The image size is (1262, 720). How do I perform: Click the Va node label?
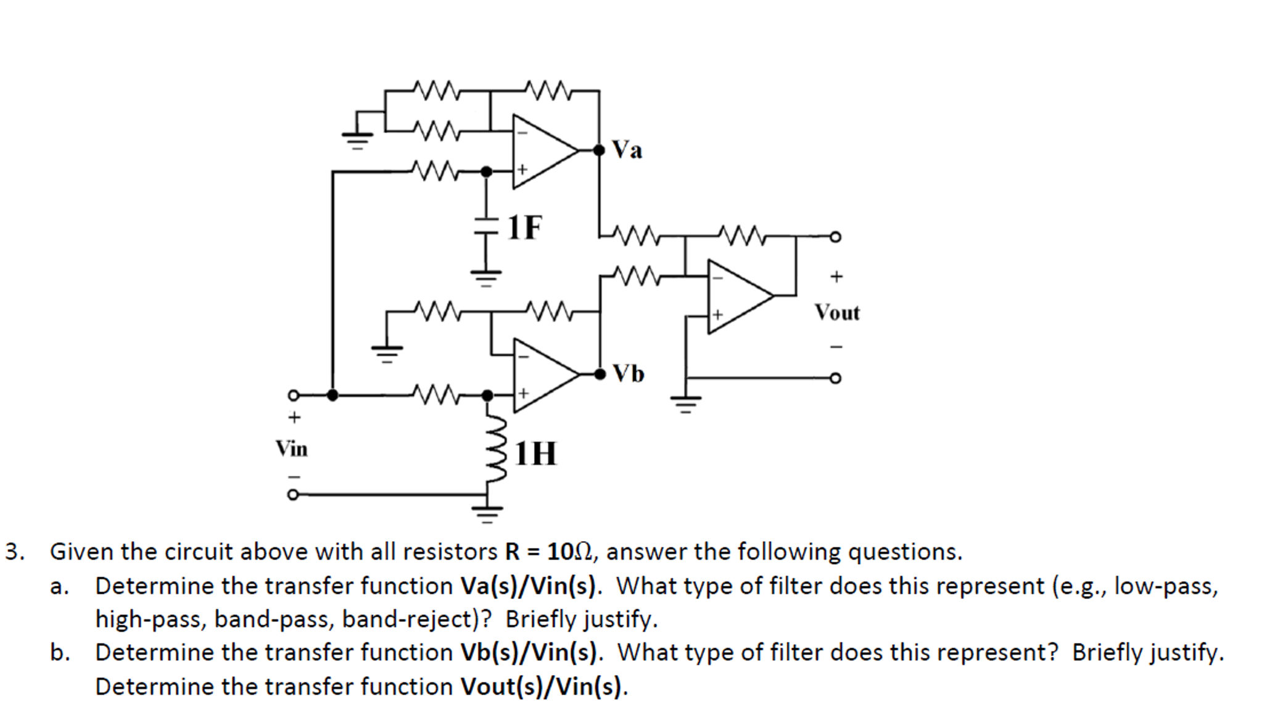pos(627,150)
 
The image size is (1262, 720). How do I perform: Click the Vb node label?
pos(628,374)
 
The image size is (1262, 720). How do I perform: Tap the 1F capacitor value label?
pos(525,227)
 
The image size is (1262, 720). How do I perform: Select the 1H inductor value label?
pos(535,453)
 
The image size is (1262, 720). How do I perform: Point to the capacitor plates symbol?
pos(486,226)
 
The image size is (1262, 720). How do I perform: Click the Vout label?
pos(836,313)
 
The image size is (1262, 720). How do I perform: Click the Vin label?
pos(291,449)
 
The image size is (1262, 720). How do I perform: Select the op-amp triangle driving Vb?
pos(542,375)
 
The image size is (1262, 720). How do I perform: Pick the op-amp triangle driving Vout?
pos(736,297)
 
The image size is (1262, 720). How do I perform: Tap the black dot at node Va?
pos(599,150)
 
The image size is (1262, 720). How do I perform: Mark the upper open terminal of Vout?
pos(835,237)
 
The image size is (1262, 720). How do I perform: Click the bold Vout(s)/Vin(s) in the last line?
pos(543,687)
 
